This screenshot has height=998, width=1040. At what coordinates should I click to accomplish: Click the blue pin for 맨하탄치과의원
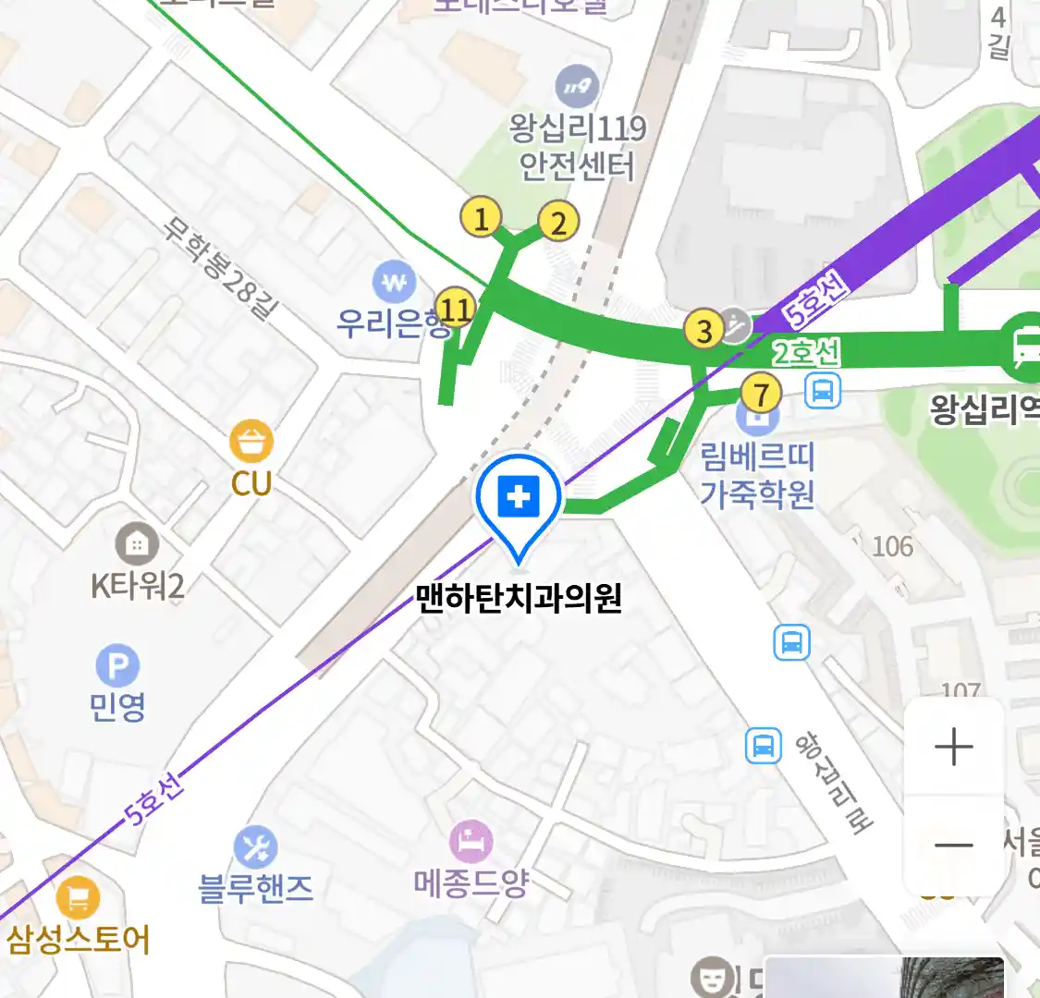pyautogui.click(x=519, y=499)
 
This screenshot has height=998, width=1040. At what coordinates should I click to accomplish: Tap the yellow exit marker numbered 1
pyautogui.click(x=481, y=218)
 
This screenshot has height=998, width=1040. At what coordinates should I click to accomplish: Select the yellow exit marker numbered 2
pyautogui.click(x=557, y=223)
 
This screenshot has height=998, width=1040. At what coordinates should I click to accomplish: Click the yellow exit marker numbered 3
pyautogui.click(x=704, y=330)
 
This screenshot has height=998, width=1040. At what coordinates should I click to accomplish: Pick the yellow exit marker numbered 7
pyautogui.click(x=761, y=395)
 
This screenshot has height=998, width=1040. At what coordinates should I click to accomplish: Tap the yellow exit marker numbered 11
pyautogui.click(x=455, y=308)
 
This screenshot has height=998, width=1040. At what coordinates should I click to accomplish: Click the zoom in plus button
pyautogui.click(x=953, y=747)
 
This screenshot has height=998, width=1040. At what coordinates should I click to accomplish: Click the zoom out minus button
pyautogui.click(x=953, y=845)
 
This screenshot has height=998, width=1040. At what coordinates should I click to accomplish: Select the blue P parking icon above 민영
pyautogui.click(x=117, y=666)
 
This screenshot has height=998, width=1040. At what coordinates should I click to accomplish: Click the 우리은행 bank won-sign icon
pyautogui.click(x=395, y=282)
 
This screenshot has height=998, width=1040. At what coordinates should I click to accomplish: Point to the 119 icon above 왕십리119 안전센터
pyautogui.click(x=577, y=88)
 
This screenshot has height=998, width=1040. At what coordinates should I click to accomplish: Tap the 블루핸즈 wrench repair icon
pyautogui.click(x=255, y=847)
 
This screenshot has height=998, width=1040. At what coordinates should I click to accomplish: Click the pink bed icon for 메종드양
pyautogui.click(x=471, y=842)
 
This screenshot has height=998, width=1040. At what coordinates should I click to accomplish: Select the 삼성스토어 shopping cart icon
pyautogui.click(x=78, y=896)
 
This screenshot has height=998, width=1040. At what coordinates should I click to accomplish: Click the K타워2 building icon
pyautogui.click(x=137, y=545)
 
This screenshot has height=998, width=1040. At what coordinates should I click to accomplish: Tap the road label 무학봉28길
pyautogui.click(x=219, y=268)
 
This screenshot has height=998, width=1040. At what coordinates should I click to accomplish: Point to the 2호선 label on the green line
pyautogui.click(x=807, y=352)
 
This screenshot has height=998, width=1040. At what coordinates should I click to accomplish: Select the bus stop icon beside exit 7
pyautogui.click(x=822, y=391)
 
